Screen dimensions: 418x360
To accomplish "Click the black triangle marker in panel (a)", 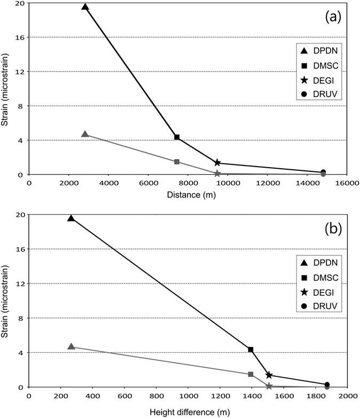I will pos(85,7).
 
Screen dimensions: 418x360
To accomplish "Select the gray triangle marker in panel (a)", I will pos(85,134).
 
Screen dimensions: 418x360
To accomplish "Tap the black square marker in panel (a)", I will pos(177,137).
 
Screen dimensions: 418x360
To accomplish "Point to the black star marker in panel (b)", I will pos(269,375).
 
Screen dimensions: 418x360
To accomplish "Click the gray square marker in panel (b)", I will pos(251,374).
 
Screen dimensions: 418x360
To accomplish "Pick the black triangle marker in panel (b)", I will pos(71,218).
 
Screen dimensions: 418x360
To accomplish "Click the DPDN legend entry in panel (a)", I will pos(320,51).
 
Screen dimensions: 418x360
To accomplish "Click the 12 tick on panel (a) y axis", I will pos(21,72).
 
